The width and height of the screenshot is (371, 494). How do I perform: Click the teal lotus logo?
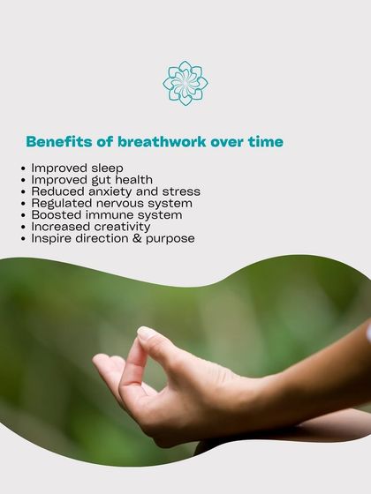[185, 83]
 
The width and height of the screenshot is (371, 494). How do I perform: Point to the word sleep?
[105, 168]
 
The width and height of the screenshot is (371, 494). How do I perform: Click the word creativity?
[120, 227]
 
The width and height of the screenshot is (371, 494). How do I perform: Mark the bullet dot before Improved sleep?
[23, 168]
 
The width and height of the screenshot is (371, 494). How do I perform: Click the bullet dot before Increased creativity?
[23, 227]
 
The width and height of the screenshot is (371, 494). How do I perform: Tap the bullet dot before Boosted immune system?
[23, 215]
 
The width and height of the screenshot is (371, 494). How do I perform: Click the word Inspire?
[50, 238]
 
